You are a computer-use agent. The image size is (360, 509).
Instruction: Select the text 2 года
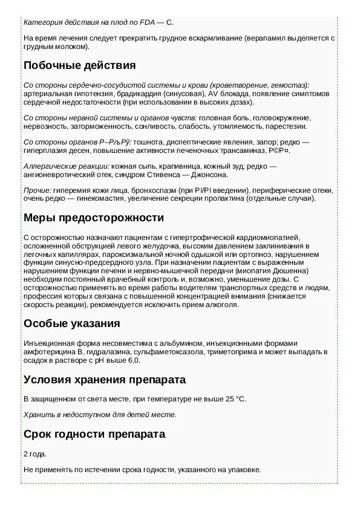(34, 453)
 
